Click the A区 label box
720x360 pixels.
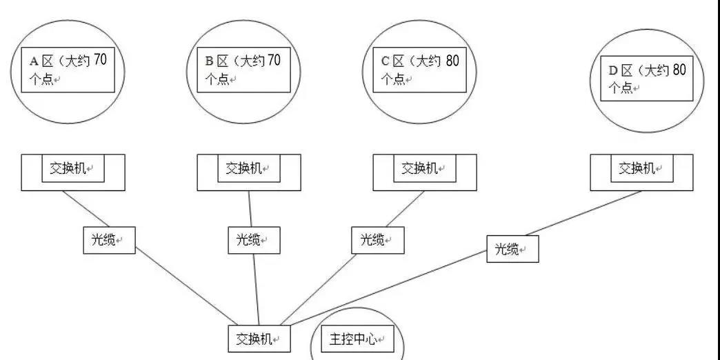click(x=68, y=70)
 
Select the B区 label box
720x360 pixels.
click(x=244, y=70)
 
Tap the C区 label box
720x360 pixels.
click(x=420, y=70)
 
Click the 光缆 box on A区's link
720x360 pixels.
click(x=109, y=240)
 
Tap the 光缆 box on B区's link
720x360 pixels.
click(x=254, y=240)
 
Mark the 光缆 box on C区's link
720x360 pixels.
click(x=378, y=240)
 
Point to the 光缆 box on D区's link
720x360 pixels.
click(x=512, y=249)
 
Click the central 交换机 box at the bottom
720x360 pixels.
click(x=259, y=339)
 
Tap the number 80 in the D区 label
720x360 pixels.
click(x=679, y=69)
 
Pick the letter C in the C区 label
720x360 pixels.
click(x=386, y=61)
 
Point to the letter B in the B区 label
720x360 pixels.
click(x=209, y=61)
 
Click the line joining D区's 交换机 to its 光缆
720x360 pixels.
click(x=583, y=212)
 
